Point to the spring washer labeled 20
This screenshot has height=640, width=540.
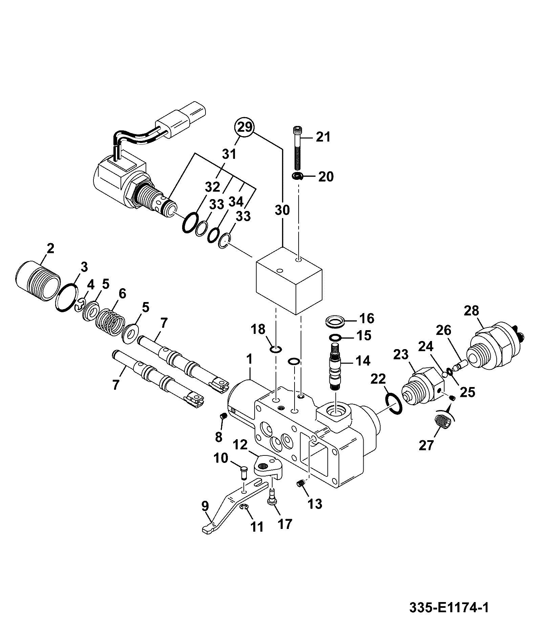pyautogui.click(x=298, y=176)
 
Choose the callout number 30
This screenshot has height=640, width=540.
pyautogui.click(x=282, y=210)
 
